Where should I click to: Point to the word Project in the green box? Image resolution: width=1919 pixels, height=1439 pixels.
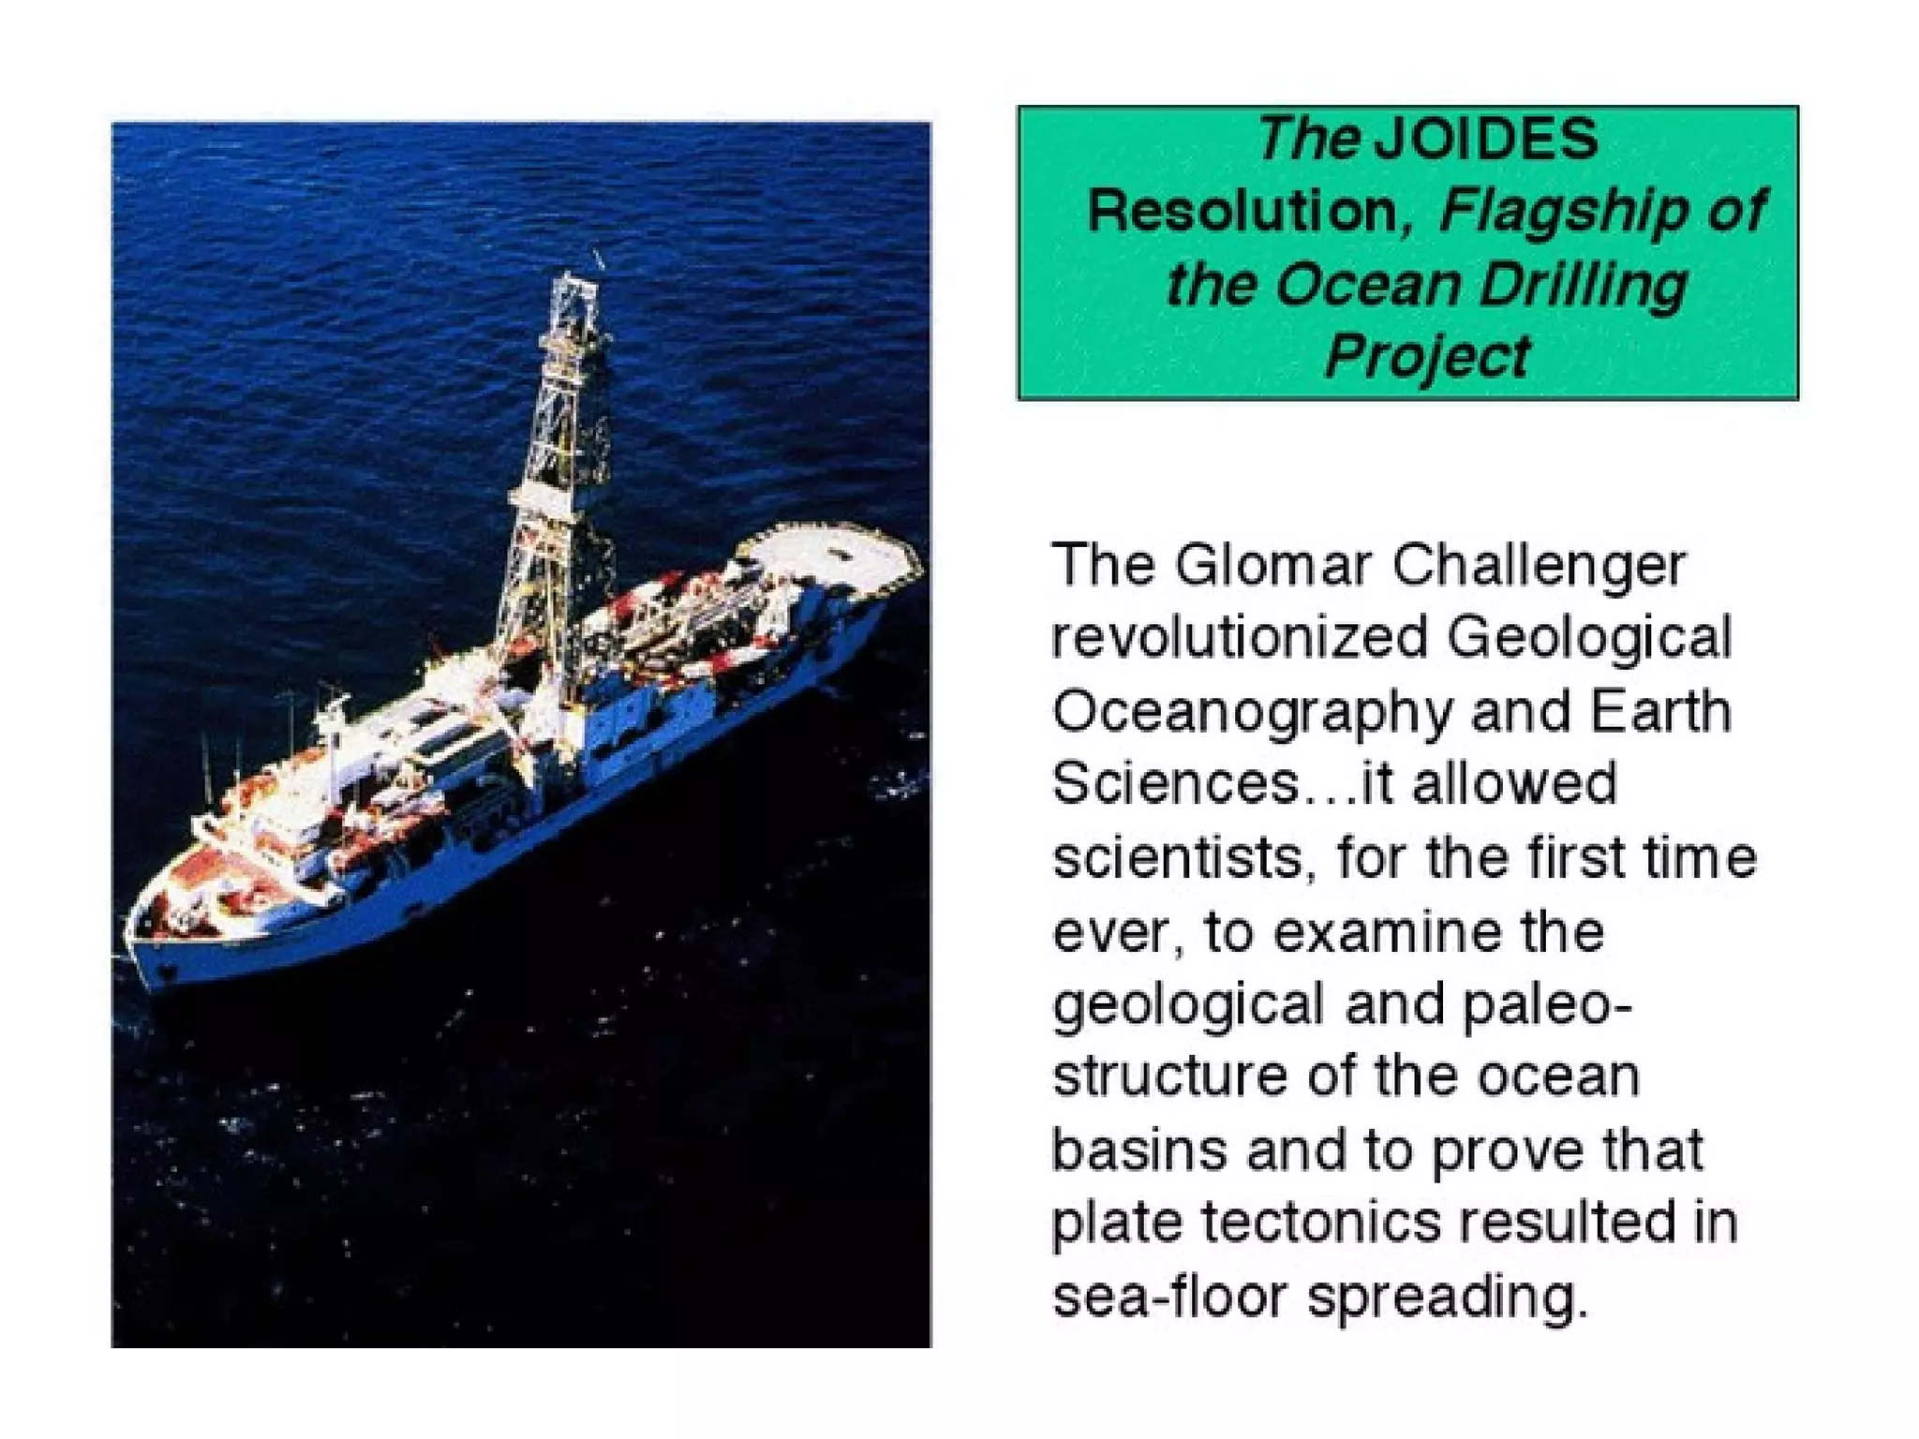(1426, 356)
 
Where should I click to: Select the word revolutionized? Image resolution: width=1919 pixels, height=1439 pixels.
(1241, 638)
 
